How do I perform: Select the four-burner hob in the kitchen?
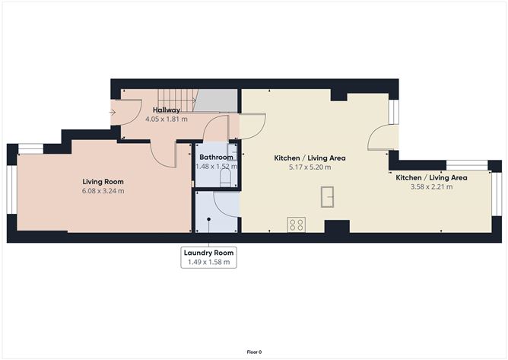click(x=297, y=225)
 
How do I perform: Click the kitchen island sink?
click(x=328, y=196)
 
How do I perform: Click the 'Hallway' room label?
click(x=167, y=110)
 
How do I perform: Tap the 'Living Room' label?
click(x=103, y=182)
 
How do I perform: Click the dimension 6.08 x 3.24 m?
click(x=103, y=191)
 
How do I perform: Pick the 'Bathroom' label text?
click(x=216, y=157)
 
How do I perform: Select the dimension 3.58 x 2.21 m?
click(x=431, y=186)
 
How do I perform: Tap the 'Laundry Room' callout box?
click(x=208, y=257)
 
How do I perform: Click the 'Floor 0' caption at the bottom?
click(x=254, y=352)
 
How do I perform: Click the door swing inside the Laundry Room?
click(x=226, y=204)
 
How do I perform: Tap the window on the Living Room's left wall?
click(x=11, y=190)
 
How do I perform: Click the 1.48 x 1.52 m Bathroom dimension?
click(x=216, y=166)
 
